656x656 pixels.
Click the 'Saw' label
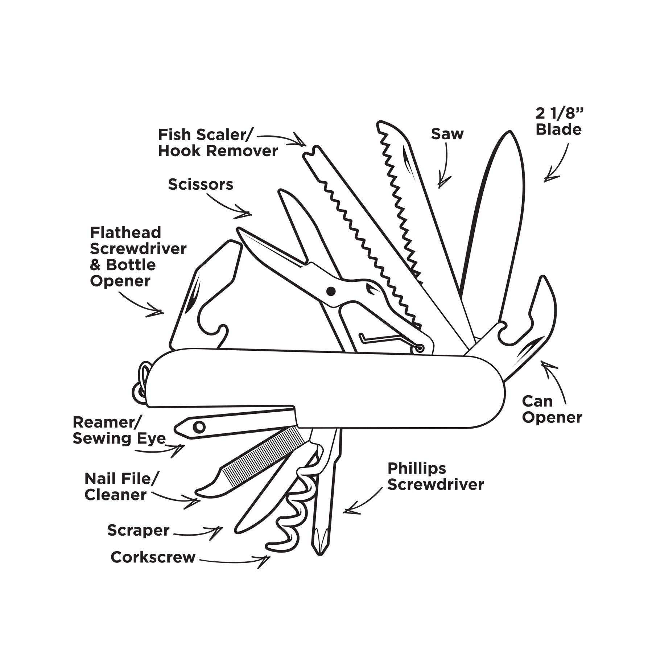pyautogui.click(x=447, y=134)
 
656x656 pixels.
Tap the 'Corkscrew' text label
pyautogui.click(x=153, y=557)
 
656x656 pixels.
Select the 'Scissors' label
pyautogui.click(x=200, y=185)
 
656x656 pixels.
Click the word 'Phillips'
pyautogui.click(x=417, y=469)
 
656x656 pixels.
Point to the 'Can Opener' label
pyautogui.click(x=552, y=409)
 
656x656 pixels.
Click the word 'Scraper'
pyautogui.click(x=138, y=530)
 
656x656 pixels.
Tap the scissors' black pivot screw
pyautogui.click(x=331, y=291)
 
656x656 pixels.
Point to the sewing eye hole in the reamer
pyautogui.click(x=199, y=426)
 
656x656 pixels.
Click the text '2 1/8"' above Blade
pyautogui.click(x=559, y=114)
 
